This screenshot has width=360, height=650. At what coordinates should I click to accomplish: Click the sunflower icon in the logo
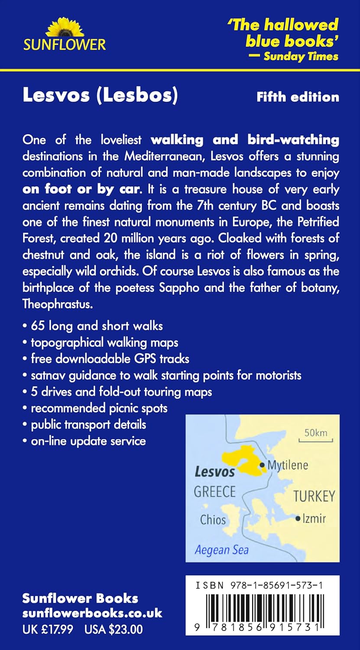[65, 27]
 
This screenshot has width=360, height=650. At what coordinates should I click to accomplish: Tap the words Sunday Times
[301, 56]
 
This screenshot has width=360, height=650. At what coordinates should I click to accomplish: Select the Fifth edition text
[298, 97]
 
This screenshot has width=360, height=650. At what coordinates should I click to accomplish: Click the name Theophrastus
[58, 304]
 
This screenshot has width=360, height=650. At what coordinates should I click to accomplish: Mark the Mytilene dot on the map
[262, 465]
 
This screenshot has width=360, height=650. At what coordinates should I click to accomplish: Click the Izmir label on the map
[314, 518]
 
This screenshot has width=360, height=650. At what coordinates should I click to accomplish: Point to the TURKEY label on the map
[314, 496]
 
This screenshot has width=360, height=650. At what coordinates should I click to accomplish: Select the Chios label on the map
[213, 519]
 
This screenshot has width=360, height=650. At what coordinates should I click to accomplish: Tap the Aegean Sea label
[221, 550]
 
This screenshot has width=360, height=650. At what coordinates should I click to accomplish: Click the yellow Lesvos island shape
[238, 461]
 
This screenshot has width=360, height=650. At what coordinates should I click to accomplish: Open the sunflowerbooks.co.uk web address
[92, 614]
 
